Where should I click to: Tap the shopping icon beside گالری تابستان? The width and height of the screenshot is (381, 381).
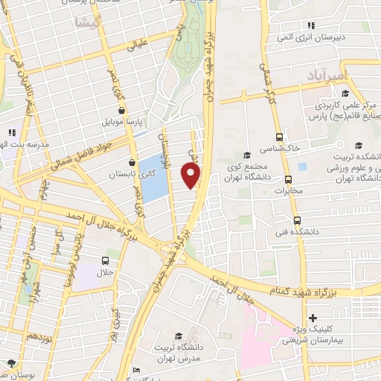(x=132, y=161)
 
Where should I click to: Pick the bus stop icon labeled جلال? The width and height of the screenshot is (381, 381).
(x=106, y=261)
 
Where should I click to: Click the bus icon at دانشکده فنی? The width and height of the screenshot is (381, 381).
(x=298, y=220)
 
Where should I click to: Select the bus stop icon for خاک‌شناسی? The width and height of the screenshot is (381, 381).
(x=280, y=137)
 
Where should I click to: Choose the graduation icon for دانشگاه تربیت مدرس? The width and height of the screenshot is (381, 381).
(x=178, y=336)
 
